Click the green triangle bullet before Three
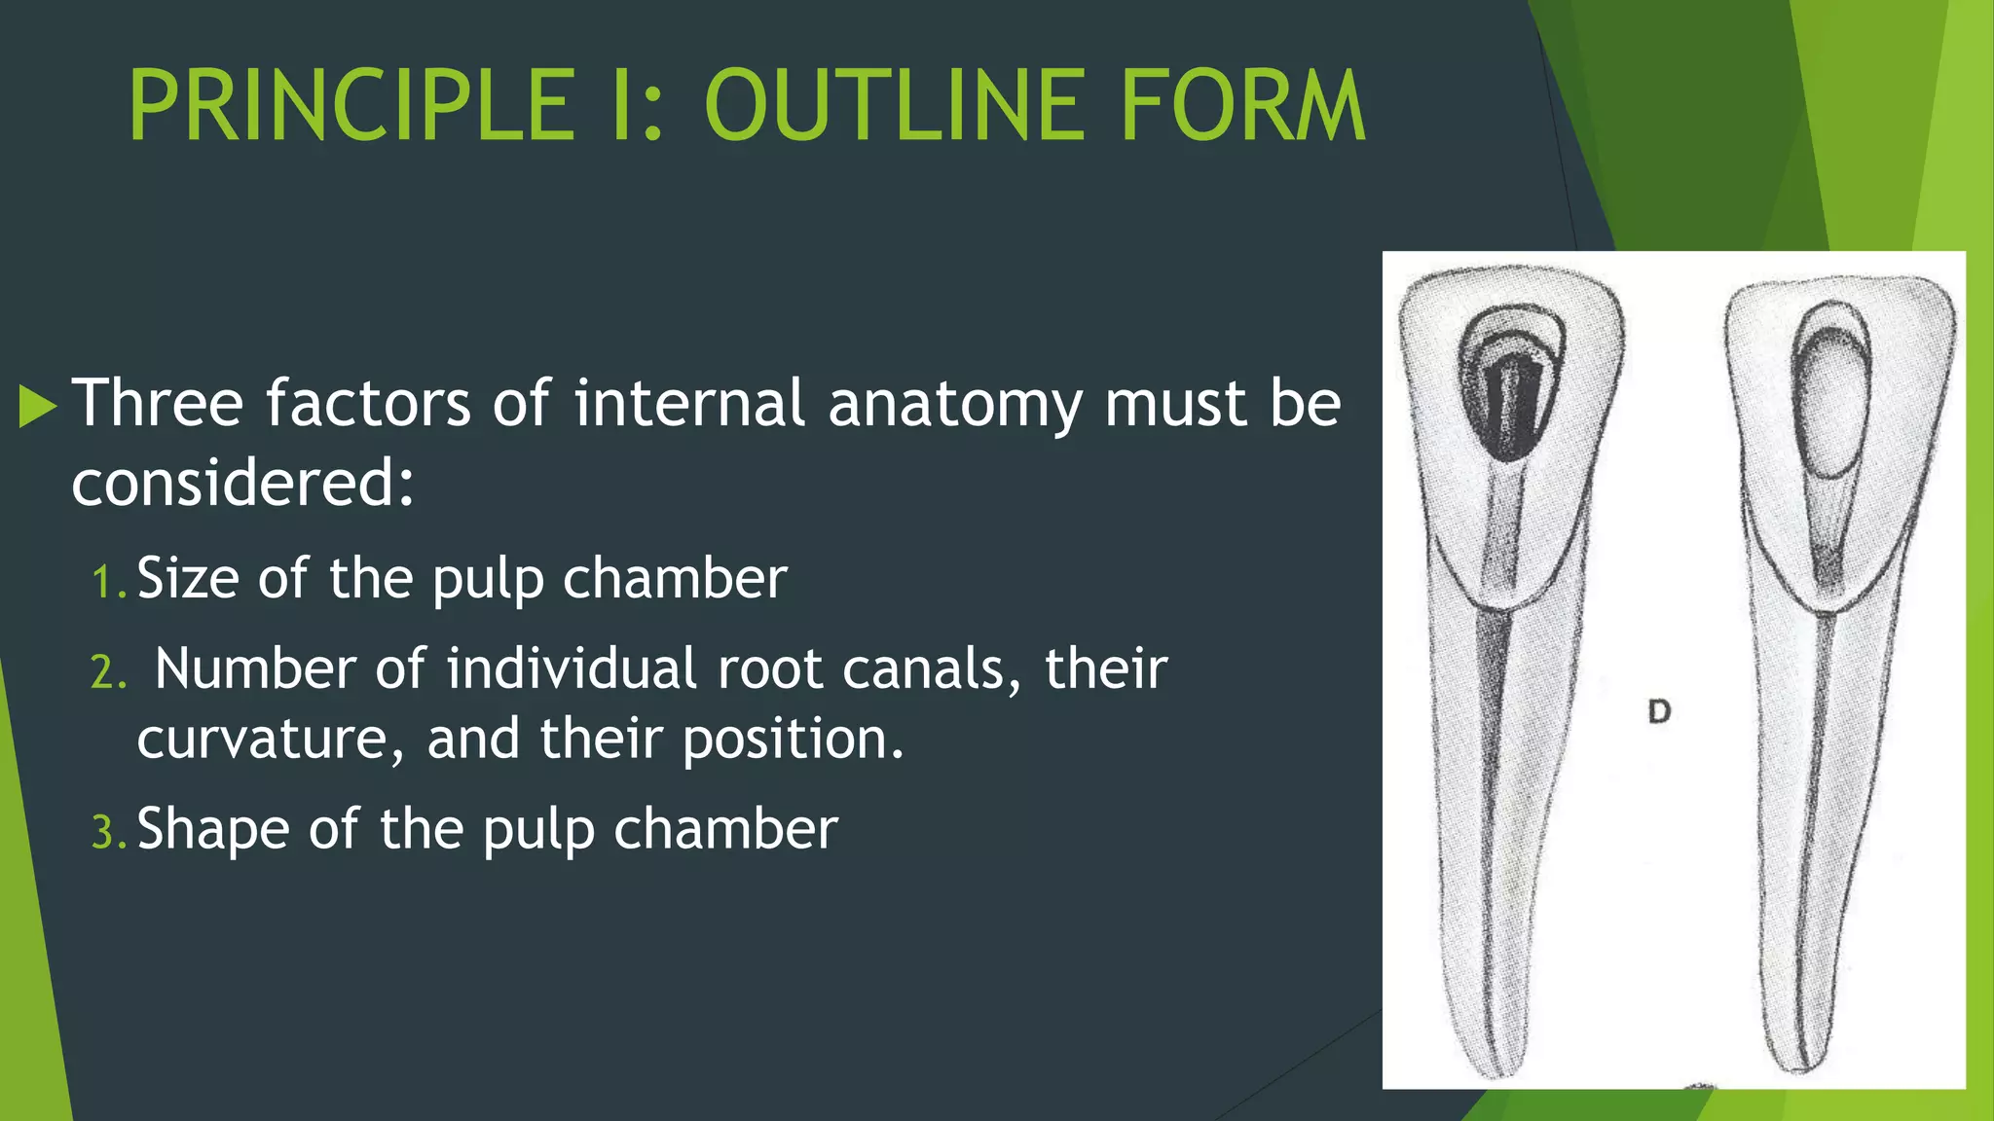[38, 406]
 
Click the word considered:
[242, 484]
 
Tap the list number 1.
[107, 583]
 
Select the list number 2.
[107, 672]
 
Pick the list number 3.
[107, 833]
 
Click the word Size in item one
[188, 578]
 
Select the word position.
[793, 739]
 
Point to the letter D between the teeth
[1659, 711]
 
